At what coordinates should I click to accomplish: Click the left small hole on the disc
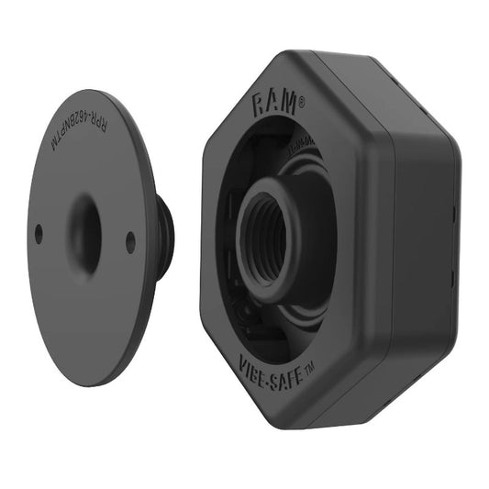click(39, 234)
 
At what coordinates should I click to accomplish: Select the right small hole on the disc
click(130, 242)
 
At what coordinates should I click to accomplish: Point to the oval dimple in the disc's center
click(84, 233)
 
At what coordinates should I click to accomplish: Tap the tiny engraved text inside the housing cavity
click(304, 150)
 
